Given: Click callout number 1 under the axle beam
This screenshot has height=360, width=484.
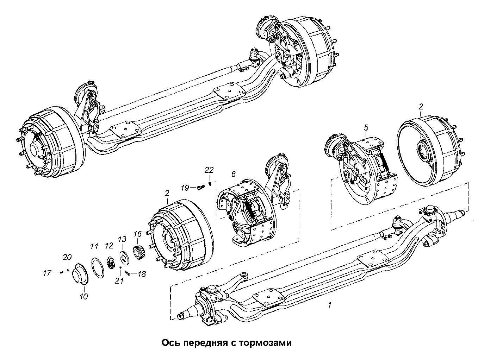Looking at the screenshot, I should (x=329, y=305).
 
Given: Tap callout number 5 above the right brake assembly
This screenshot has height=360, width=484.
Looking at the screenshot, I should (x=366, y=128).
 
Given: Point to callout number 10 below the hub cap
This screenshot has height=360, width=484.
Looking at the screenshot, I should (x=83, y=296).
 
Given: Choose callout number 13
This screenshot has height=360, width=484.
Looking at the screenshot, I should (x=122, y=239).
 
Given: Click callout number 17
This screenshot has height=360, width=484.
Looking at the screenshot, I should (x=47, y=272).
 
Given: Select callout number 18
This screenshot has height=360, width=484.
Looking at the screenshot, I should (x=141, y=274).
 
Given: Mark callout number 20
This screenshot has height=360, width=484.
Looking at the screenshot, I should (x=67, y=258).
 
